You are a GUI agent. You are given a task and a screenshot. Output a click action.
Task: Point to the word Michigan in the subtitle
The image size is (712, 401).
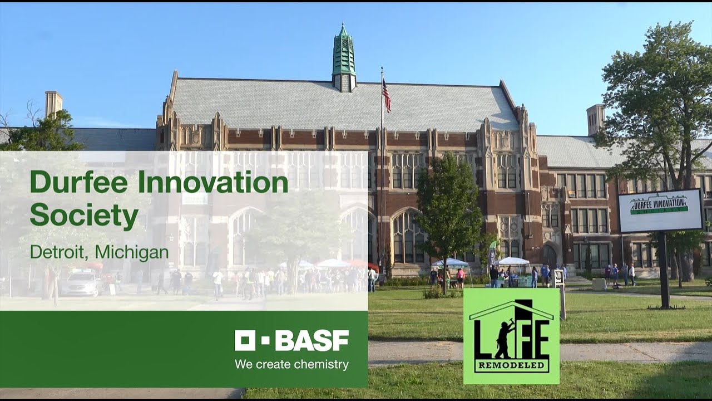point(132,252)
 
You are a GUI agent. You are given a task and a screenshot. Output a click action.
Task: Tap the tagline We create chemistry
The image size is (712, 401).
point(291,365)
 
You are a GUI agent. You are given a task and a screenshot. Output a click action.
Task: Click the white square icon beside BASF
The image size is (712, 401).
point(245,340)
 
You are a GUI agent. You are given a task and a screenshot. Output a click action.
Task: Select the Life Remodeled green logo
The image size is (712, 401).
point(511,336)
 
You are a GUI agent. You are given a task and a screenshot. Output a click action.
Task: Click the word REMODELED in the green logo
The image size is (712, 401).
point(511,367)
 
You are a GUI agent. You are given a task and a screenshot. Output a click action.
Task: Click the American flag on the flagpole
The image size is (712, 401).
point(386,95)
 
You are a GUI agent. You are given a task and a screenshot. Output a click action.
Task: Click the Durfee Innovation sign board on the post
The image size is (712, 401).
point(660,210)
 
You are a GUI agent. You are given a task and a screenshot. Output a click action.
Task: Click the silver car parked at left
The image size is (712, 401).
point(81,284)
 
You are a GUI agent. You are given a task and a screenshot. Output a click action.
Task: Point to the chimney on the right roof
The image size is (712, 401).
point(595,119)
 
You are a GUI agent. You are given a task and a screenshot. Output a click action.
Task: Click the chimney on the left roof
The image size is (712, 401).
point(54,104)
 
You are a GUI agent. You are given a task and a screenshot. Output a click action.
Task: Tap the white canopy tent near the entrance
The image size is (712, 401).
point(513,261)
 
